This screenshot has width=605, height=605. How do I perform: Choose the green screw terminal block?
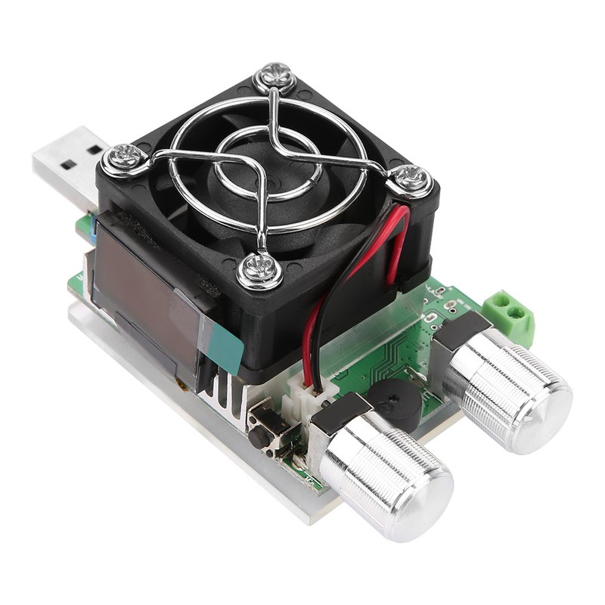[x=509, y=314]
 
